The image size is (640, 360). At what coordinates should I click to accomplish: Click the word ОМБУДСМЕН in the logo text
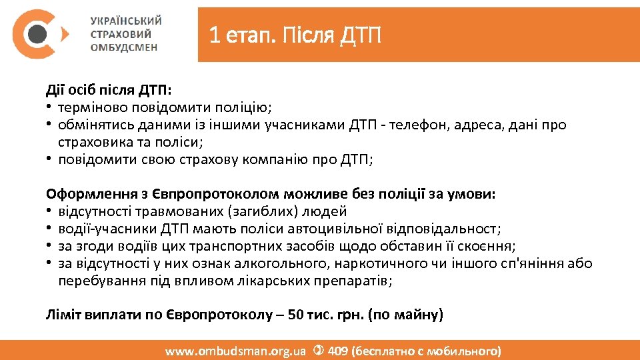coord(124,48)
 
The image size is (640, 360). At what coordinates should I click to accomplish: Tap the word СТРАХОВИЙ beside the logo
coord(121,34)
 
